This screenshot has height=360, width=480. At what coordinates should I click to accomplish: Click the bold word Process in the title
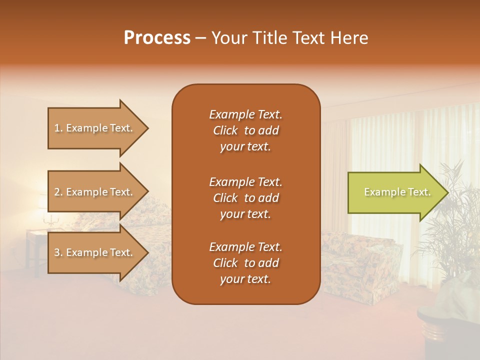click(157, 38)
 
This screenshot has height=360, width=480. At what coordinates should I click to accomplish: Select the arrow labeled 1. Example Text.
click(95, 128)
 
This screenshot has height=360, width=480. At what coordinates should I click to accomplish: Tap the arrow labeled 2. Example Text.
click(95, 192)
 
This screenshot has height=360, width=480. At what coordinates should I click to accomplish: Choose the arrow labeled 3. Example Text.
click(95, 252)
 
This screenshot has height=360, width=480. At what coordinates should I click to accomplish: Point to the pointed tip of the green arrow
click(447, 192)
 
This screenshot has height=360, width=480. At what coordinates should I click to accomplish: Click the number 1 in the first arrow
click(57, 128)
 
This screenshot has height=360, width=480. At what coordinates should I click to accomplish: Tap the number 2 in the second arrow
click(57, 192)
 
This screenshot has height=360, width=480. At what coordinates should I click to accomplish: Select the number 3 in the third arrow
click(57, 252)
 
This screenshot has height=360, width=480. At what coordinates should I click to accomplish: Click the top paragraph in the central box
click(245, 130)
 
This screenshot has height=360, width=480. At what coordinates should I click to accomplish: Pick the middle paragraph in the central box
click(245, 198)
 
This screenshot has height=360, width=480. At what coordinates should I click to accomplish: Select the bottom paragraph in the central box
click(245, 263)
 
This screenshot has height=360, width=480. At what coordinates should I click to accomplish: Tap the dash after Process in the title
click(201, 38)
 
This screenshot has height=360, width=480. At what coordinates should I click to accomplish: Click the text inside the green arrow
click(397, 192)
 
